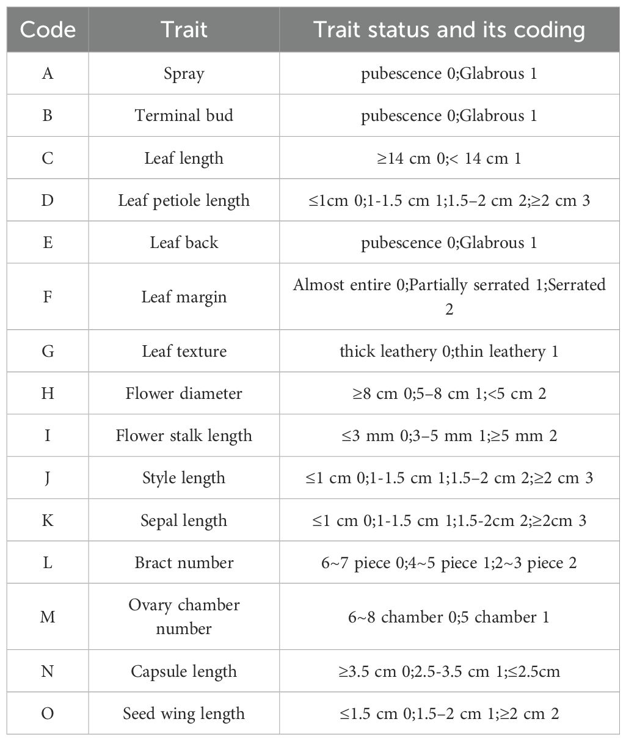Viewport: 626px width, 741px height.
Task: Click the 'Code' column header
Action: click(48, 30)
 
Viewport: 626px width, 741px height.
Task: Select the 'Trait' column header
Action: click(184, 30)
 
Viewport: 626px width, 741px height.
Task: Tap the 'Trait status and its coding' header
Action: click(449, 30)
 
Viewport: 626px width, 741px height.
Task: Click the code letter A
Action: click(48, 74)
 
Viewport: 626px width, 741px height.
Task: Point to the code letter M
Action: click(48, 617)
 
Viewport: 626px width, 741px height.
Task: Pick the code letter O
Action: click(48, 714)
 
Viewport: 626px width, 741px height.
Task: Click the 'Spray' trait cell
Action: click(184, 74)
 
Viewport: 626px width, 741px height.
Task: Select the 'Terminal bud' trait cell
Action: click(184, 116)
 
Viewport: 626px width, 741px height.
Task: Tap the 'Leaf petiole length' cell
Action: click(184, 200)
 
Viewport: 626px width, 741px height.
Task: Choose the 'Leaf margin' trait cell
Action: click(184, 297)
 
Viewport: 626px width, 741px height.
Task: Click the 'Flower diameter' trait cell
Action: click(184, 393)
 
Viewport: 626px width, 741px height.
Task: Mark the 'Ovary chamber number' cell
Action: click(184, 617)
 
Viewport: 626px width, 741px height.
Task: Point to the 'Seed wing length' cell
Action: click(184, 714)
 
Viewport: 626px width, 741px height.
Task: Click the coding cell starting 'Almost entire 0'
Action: click(449, 297)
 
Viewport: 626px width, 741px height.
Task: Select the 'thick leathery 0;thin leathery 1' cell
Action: click(449, 351)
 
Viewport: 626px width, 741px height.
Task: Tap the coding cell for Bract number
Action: click(449, 563)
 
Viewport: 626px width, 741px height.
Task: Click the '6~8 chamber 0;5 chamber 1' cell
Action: click(449, 617)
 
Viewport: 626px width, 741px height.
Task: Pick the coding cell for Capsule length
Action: click(449, 672)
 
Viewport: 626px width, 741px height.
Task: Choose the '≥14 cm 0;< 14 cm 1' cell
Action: click(449, 158)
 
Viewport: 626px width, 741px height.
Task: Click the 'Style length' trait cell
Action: click(184, 478)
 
